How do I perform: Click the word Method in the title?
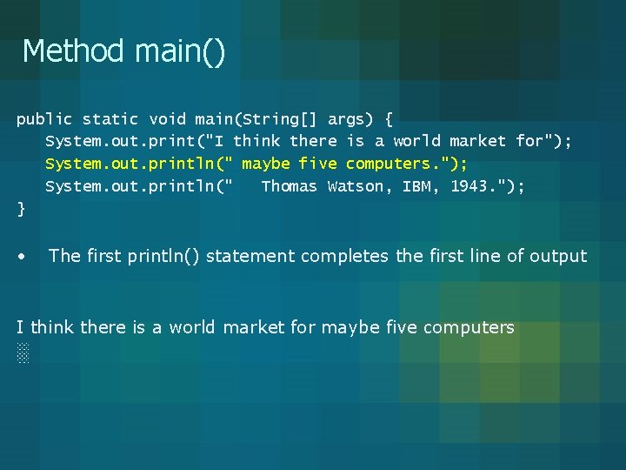point(74,50)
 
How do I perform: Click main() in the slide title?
point(180,51)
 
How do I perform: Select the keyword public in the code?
point(44,119)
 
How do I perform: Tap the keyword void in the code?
point(167,119)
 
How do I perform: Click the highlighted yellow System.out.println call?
point(130,164)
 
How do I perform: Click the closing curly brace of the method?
point(21,209)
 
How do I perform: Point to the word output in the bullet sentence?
point(559,256)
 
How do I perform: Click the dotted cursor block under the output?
point(23,353)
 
